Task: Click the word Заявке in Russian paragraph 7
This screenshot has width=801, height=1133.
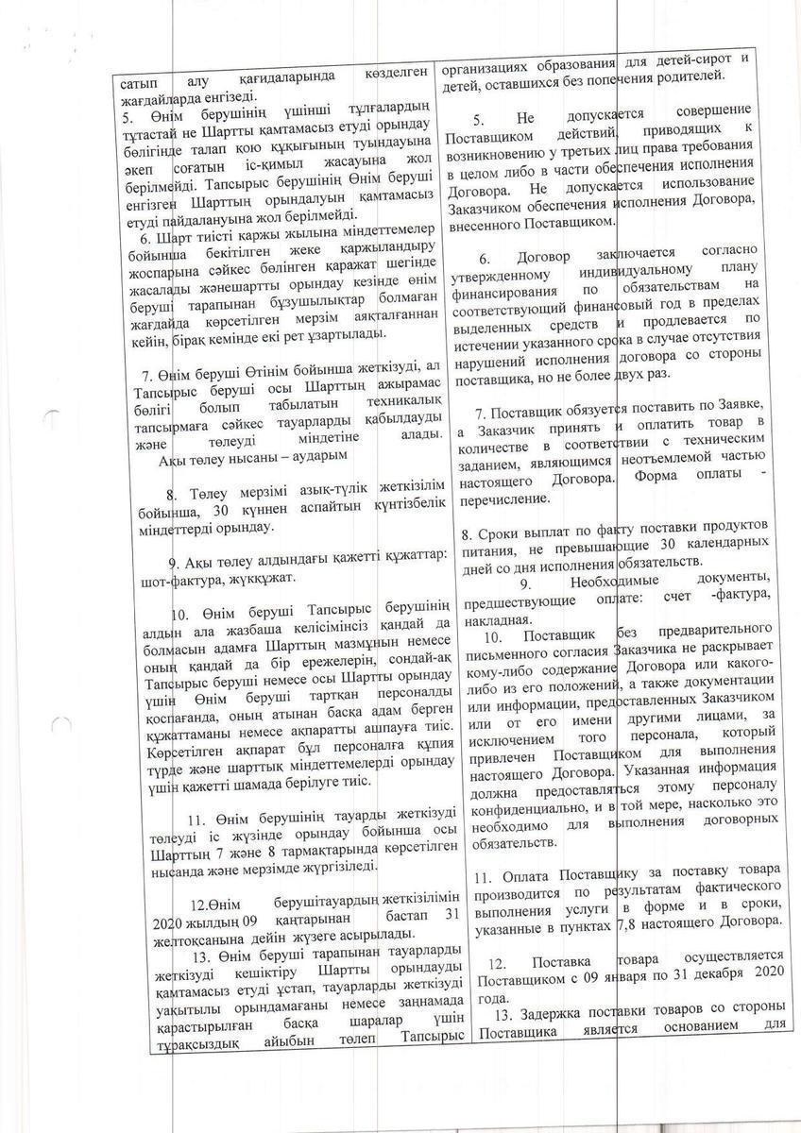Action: (x=743, y=408)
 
